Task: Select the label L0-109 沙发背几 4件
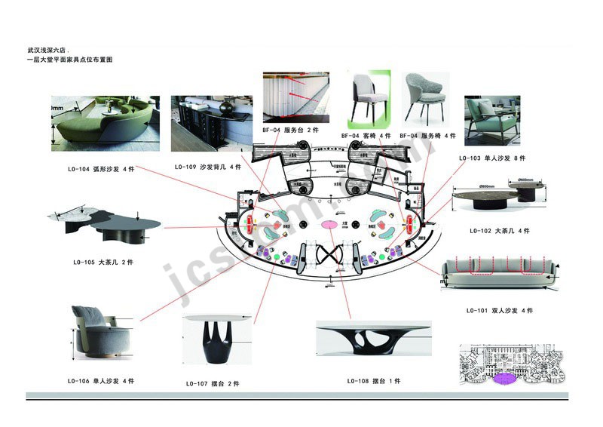pyautogui.click(x=207, y=167)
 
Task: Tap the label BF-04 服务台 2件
pyautogui.click(x=290, y=131)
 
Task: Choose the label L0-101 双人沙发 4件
pyautogui.click(x=500, y=310)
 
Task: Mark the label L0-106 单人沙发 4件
pyautogui.click(x=101, y=381)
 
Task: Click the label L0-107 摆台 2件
pyautogui.click(x=212, y=383)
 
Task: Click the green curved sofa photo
pyautogui.click(x=105, y=123)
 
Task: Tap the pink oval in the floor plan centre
pyautogui.click(x=330, y=225)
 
